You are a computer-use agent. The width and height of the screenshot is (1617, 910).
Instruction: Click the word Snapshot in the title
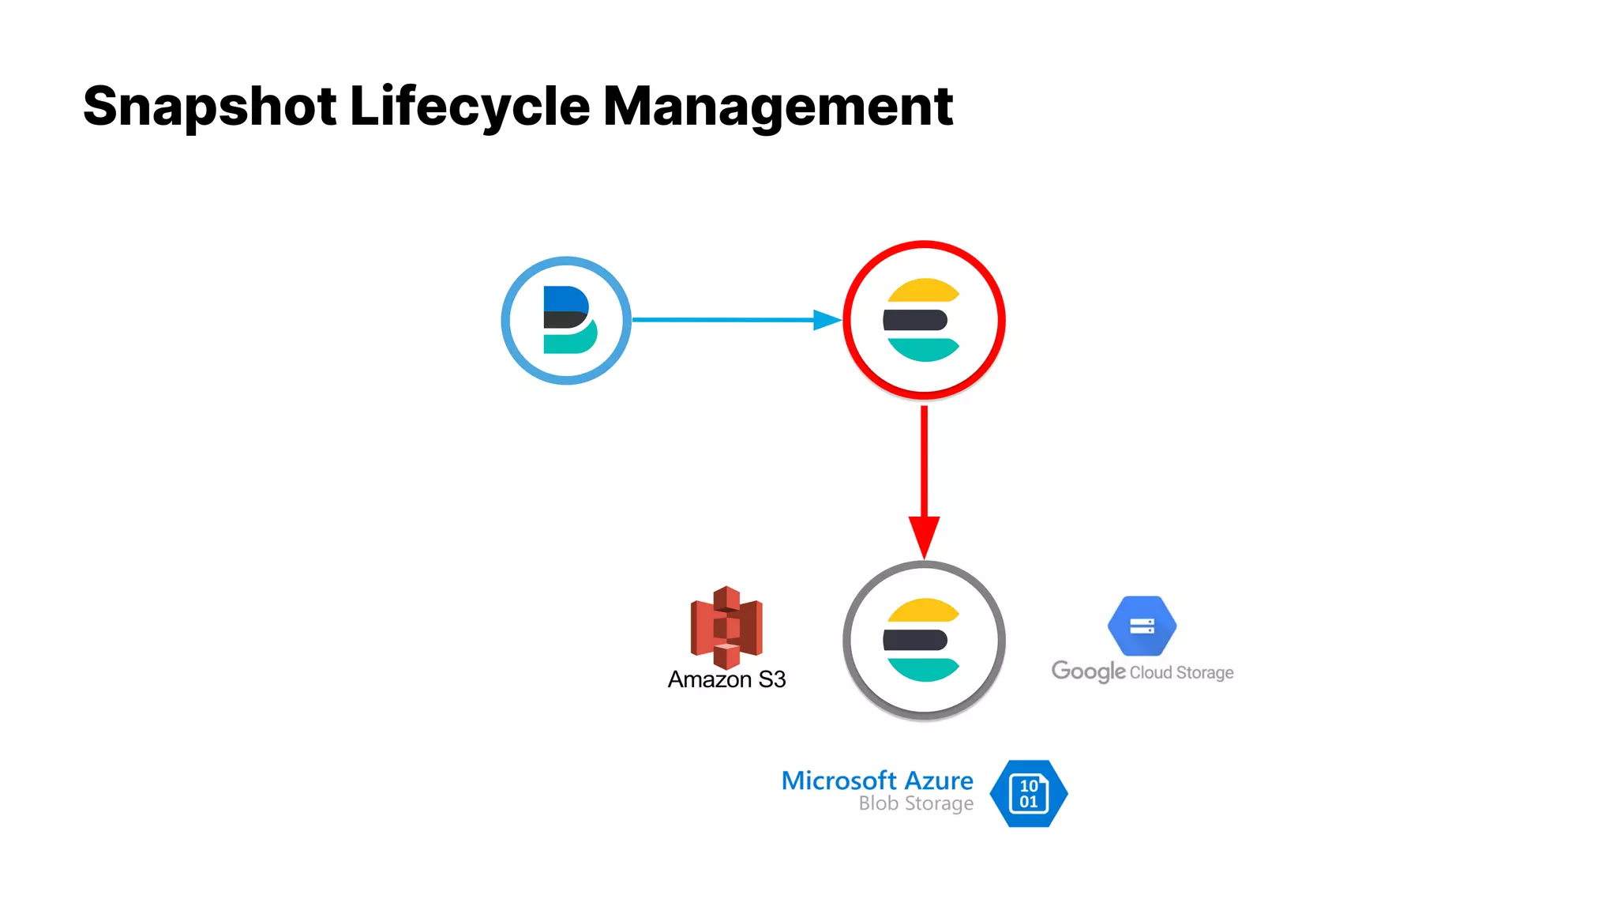point(209,107)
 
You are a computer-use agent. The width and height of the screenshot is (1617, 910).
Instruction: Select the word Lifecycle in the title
point(469,107)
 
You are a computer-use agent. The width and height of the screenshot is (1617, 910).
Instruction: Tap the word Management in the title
point(778,107)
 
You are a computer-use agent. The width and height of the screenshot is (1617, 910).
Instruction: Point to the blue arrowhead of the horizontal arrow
point(827,320)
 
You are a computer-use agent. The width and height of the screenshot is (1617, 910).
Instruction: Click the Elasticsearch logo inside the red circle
point(922,320)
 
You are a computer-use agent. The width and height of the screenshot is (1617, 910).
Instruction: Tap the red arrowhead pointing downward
point(924,536)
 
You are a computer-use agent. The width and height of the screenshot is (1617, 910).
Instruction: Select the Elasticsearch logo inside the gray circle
point(922,640)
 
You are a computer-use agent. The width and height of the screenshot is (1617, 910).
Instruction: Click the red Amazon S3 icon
point(726,626)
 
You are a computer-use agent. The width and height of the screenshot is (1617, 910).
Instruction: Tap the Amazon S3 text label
point(726,679)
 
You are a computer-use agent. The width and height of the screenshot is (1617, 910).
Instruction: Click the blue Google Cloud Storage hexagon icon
point(1142,626)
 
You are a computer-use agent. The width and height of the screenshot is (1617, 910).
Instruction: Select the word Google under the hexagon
point(1088,671)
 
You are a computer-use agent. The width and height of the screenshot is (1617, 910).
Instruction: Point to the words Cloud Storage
point(1181,672)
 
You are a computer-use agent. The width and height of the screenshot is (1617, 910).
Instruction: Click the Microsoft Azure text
point(876,780)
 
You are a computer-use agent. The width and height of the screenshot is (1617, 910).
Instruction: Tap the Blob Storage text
point(916,803)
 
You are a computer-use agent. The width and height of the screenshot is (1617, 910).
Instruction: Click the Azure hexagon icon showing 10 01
point(1028,794)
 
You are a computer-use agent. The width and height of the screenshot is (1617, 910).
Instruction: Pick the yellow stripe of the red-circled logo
point(922,291)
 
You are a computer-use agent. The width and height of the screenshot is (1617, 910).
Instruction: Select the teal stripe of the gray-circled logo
point(922,668)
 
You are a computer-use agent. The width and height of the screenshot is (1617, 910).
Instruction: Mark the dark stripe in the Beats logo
point(564,320)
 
